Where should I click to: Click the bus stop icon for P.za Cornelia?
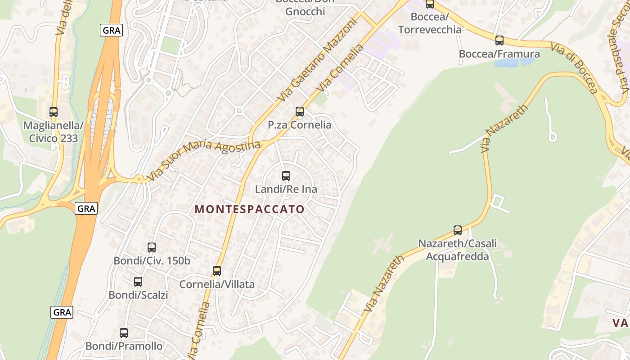pyautogui.click(x=300, y=112)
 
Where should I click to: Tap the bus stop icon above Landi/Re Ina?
pyautogui.click(x=286, y=176)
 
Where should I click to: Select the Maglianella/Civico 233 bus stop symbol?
pyautogui.click(x=54, y=112)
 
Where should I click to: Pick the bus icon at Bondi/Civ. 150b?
pyautogui.click(x=152, y=247)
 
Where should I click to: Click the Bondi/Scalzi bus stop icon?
pyautogui.click(x=138, y=282)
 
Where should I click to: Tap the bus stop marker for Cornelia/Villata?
pyautogui.click(x=217, y=271)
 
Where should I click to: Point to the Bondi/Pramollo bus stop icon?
pyautogui.click(x=124, y=333)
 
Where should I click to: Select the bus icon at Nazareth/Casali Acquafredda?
pyautogui.click(x=458, y=230)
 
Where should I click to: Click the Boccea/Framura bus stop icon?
pyautogui.click(x=499, y=40)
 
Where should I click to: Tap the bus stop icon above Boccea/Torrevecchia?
pyautogui.click(x=430, y=4)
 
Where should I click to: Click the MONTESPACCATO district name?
pyautogui.click(x=250, y=209)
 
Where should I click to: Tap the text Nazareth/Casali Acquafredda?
pyautogui.click(x=458, y=250)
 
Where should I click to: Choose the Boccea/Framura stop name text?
pyautogui.click(x=499, y=54)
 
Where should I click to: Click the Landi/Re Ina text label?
pyautogui.click(x=286, y=189)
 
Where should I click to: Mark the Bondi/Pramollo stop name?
pyautogui.click(x=124, y=346)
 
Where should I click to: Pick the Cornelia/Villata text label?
pyautogui.click(x=217, y=284)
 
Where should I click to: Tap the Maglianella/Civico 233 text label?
pyautogui.click(x=54, y=131)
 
